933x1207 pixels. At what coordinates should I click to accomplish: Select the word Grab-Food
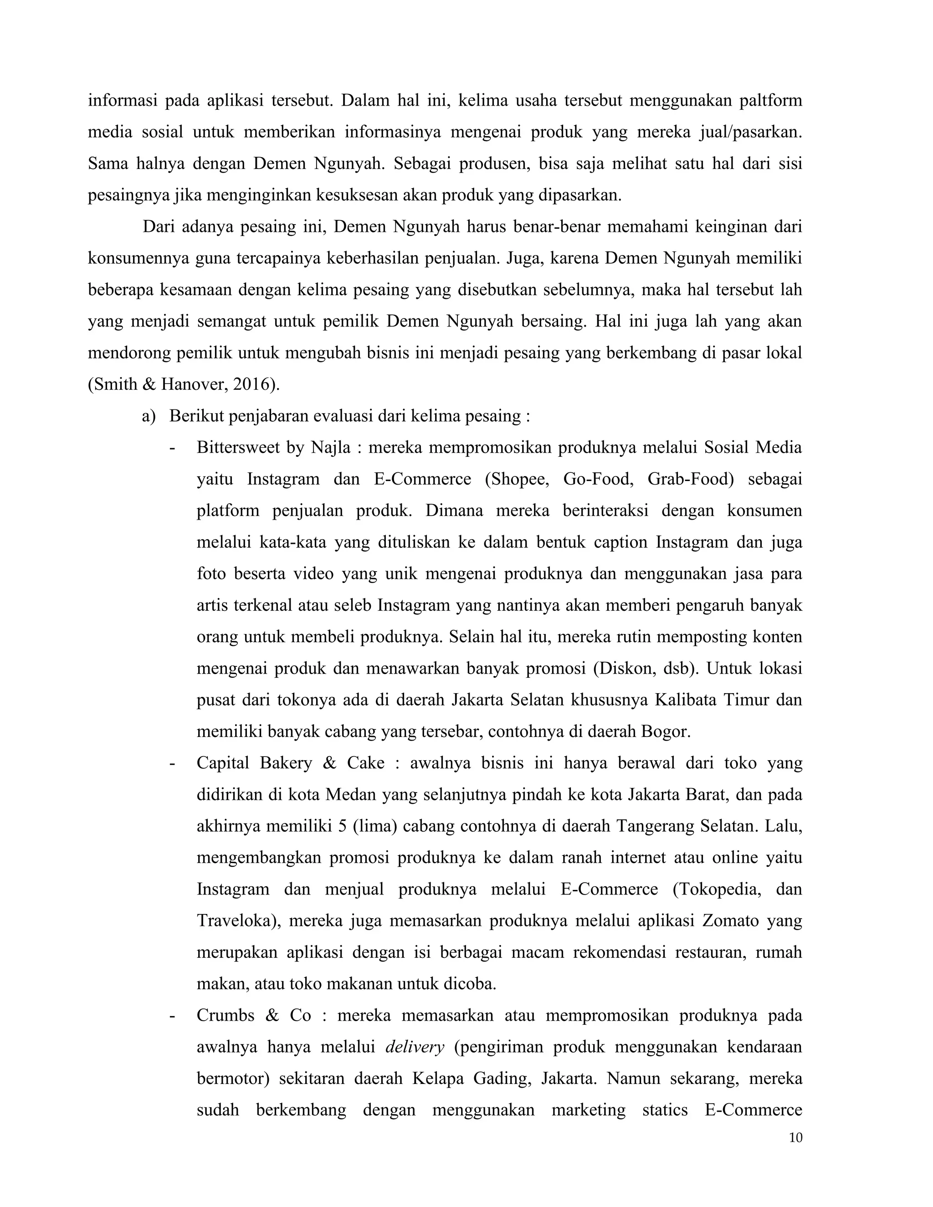690,479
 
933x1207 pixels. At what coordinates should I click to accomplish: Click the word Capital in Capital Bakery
223,763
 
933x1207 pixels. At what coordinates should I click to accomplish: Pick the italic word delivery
415,1047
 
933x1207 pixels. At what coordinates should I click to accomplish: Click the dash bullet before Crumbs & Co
173,1016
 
